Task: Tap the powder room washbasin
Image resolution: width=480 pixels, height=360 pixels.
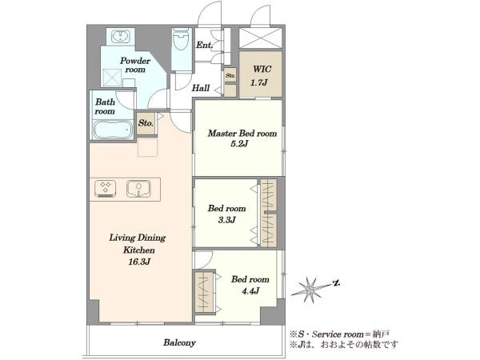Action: [120, 37]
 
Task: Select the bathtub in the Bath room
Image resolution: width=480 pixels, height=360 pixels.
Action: [112, 130]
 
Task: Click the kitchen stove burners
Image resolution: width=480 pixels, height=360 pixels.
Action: [106, 189]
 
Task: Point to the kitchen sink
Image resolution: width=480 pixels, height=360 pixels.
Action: [138, 189]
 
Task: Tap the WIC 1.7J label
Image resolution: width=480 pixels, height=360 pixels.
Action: [260, 76]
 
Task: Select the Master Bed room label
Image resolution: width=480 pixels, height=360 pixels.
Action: [242, 134]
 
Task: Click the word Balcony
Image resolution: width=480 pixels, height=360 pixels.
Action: [179, 342]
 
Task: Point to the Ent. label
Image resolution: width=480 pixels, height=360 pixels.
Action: [204, 46]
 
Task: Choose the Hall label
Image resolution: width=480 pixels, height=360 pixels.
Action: [201, 89]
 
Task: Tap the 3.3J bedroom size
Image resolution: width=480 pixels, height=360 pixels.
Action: [227, 220]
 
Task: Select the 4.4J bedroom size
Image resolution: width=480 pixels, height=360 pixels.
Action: [250, 291]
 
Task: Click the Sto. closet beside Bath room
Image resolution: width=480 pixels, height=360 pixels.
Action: [146, 123]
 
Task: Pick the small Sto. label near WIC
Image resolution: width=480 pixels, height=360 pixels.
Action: [230, 75]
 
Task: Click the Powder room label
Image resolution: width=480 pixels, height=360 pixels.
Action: [135, 65]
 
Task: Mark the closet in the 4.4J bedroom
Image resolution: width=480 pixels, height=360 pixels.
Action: [204, 292]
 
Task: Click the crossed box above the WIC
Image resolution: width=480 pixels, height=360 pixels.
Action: [260, 38]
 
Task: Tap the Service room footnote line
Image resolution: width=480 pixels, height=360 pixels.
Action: [339, 334]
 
